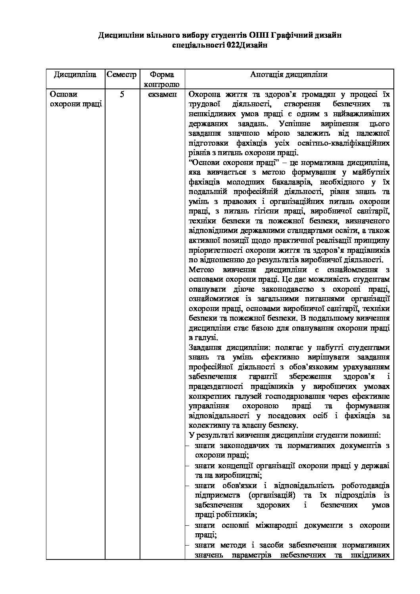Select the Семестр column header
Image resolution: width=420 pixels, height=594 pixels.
click(121, 75)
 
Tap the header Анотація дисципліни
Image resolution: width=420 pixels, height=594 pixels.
click(289, 75)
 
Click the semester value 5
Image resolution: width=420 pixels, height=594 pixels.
click(122, 94)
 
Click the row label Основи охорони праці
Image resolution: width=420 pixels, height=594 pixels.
click(75, 99)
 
